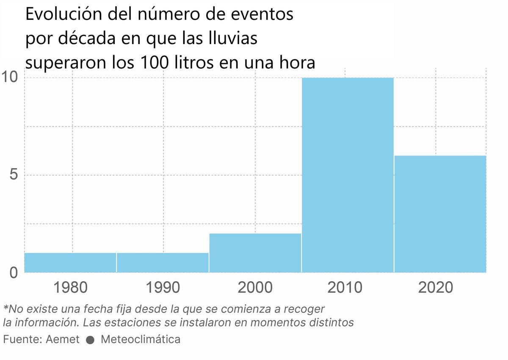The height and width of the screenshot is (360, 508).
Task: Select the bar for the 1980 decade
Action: pyautogui.click(x=70, y=263)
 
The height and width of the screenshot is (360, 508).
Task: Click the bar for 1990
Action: pyautogui.click(x=163, y=263)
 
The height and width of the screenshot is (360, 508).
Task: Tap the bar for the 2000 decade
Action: pyautogui.click(x=255, y=253)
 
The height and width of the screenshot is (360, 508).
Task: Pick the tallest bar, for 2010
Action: pyautogui.click(x=348, y=175)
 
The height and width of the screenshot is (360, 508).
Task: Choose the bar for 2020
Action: pyautogui.click(x=440, y=214)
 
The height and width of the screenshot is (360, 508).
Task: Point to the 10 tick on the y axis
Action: pyautogui.click(x=9, y=78)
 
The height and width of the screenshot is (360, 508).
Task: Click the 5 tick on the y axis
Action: pyautogui.click(x=13, y=175)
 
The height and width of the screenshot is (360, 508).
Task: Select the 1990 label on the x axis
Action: pyautogui.click(x=163, y=288)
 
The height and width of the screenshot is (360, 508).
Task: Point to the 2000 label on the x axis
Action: pyautogui.click(x=255, y=288)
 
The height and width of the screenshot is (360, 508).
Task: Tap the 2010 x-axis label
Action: pyautogui.click(x=345, y=288)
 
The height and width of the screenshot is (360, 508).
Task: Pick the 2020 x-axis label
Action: pyautogui.click(x=436, y=288)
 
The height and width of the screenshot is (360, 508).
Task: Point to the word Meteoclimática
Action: pyautogui.click(x=141, y=340)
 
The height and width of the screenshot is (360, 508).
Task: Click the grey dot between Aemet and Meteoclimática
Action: pyautogui.click(x=90, y=340)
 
